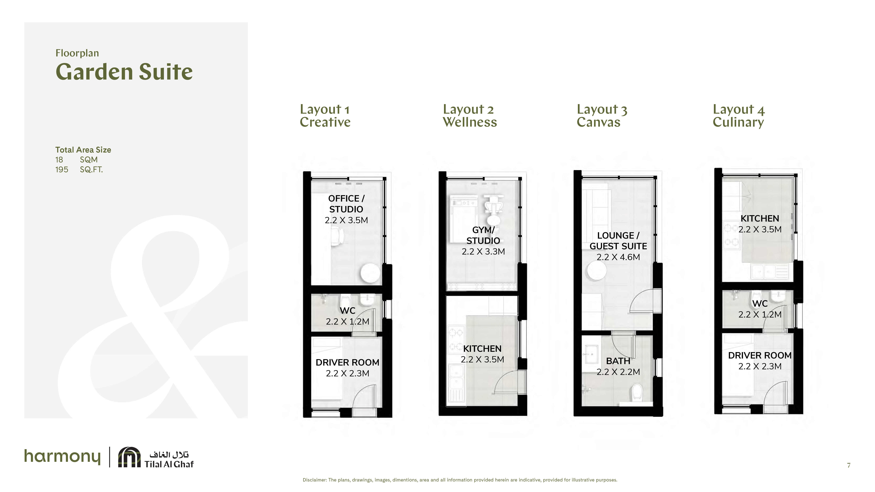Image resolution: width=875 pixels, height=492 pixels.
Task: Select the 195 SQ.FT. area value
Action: tap(79, 169)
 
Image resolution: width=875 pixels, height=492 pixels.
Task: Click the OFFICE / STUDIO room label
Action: tap(346, 204)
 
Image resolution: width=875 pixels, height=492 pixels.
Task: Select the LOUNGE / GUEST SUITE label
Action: tap(618, 241)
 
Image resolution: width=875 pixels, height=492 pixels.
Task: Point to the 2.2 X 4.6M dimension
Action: tap(618, 257)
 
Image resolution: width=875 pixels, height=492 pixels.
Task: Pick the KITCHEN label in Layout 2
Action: tap(482, 349)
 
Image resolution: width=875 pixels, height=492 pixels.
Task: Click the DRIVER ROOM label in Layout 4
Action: tap(760, 356)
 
